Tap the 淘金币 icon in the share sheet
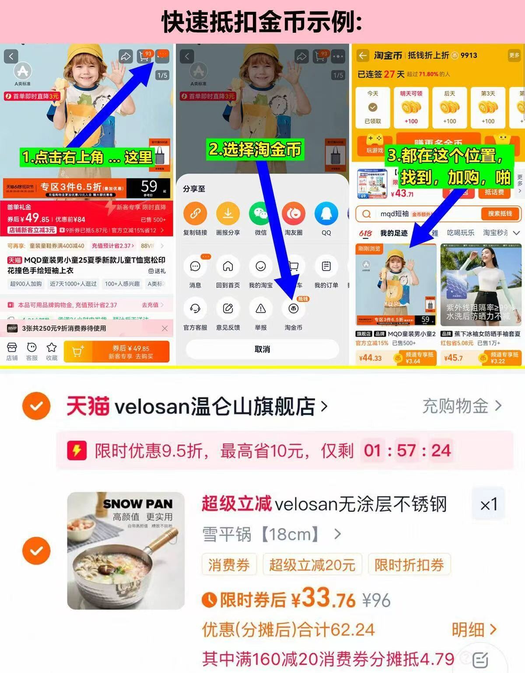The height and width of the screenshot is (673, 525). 293,309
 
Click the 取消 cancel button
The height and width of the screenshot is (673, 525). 262,349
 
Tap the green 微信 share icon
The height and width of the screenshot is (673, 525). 260,214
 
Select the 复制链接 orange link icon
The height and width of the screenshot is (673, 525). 195,214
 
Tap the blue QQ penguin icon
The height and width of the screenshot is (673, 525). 326,214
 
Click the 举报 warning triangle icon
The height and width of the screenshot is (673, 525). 260,309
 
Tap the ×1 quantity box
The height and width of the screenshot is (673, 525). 488,505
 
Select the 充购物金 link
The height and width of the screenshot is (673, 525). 461,406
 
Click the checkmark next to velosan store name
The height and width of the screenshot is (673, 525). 36,406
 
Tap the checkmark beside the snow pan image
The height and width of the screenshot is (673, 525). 36,551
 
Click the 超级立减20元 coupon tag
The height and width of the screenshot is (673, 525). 312,565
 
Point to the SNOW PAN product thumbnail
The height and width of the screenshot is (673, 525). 126,551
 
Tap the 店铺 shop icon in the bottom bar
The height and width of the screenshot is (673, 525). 12,351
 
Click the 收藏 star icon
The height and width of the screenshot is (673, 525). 52,351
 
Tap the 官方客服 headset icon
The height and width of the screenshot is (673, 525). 195,309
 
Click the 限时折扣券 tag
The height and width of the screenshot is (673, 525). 409,565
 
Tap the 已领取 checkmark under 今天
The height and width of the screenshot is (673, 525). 373,108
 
